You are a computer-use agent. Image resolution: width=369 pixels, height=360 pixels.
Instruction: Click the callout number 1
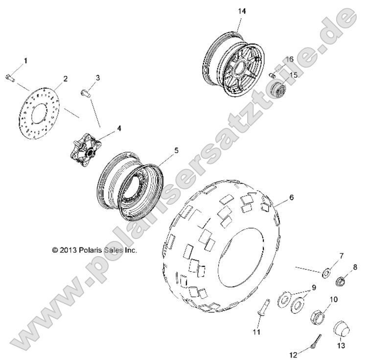(x=25, y=61)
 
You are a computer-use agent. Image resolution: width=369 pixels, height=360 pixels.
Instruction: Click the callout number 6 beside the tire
(x=291, y=198)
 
